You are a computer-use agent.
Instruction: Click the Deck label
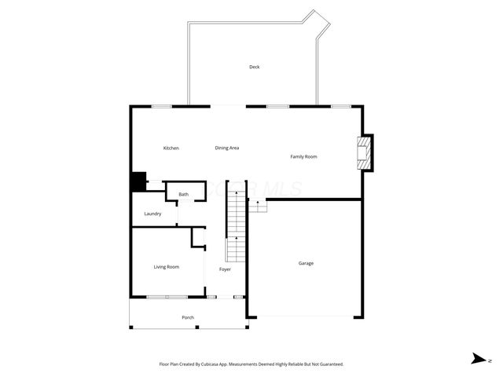click(254, 67)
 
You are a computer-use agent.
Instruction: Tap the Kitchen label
click(171, 148)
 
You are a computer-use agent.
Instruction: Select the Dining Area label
click(227, 148)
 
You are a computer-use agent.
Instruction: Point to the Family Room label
click(303, 157)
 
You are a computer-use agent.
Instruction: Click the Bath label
click(183, 194)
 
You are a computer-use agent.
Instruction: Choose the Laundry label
click(152, 214)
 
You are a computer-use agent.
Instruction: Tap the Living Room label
click(166, 267)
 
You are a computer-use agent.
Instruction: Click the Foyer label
click(225, 269)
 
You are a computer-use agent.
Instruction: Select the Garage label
click(306, 263)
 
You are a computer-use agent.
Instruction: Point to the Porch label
click(188, 317)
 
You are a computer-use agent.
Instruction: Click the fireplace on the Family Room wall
click(364, 152)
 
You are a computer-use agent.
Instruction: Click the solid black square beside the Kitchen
click(138, 181)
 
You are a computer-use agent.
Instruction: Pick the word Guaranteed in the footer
click(329, 364)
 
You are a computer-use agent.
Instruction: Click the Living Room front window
click(167, 297)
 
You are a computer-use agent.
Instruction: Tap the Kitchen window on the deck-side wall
click(162, 106)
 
